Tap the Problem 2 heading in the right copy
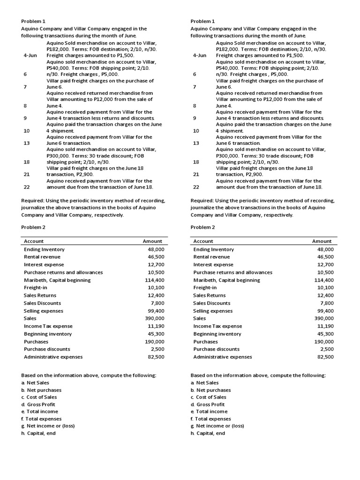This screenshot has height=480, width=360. pos(202,227)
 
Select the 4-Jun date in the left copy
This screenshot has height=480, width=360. pos(30,55)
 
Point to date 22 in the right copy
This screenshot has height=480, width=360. pos(196,187)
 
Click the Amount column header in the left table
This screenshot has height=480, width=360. pos(152,241)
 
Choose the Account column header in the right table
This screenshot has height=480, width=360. pos(203,241)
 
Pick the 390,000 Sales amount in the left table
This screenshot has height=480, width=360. pos(154,318)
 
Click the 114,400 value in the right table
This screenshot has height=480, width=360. pos(323,280)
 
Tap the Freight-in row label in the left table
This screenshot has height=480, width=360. pos(35,288)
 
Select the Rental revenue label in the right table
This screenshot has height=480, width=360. pos(211,257)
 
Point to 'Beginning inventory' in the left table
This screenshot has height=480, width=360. pos(48,334)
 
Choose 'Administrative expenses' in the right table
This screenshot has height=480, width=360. pos(222,357)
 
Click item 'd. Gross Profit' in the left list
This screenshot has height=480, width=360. pos(38,405)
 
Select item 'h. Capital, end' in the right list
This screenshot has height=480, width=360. pos(208,433)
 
